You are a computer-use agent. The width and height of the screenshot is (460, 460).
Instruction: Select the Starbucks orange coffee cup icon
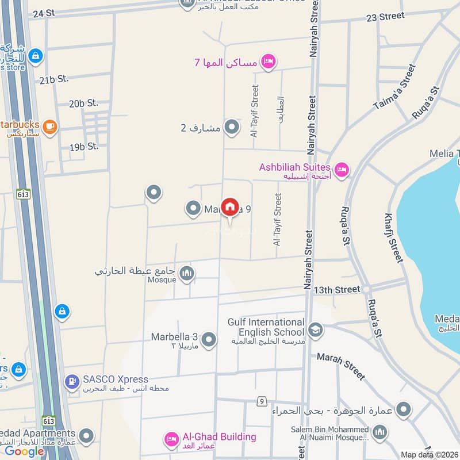coord(49,126)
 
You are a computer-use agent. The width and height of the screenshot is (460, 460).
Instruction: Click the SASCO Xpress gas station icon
coord(72,381)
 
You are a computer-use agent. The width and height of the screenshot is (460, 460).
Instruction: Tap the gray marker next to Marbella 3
coord(209,340)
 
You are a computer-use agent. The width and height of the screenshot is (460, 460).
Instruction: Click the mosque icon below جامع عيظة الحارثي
coord(186,274)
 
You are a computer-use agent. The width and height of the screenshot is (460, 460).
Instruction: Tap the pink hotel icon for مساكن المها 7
coord(267,62)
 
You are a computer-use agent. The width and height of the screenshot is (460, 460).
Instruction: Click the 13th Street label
coord(336,290)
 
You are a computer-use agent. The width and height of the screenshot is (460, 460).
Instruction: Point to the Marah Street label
coord(341,367)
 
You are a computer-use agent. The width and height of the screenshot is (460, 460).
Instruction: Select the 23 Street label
coord(385,17)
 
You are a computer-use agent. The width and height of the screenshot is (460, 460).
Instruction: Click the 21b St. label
coord(55,79)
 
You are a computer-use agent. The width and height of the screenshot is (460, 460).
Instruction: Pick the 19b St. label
coord(84,147)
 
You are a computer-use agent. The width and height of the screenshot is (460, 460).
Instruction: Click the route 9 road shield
coord(262,401)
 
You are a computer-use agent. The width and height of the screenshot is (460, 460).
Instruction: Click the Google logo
coord(24,451)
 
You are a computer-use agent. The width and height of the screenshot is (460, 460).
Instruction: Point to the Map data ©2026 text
coord(428,454)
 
